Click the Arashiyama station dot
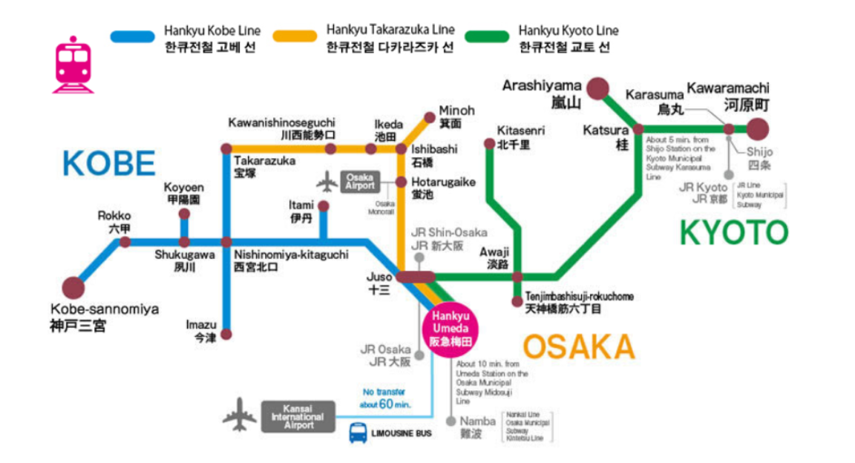(x=598, y=88)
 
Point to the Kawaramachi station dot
(x=758, y=128)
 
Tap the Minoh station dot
(x=429, y=116)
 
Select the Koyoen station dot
(x=184, y=214)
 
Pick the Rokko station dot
(x=125, y=242)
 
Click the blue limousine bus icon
(x=358, y=432)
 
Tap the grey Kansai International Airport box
(x=298, y=417)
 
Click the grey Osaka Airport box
(x=360, y=181)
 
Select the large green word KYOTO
(x=733, y=232)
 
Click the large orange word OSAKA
(x=579, y=347)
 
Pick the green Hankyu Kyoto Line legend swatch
(x=487, y=35)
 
